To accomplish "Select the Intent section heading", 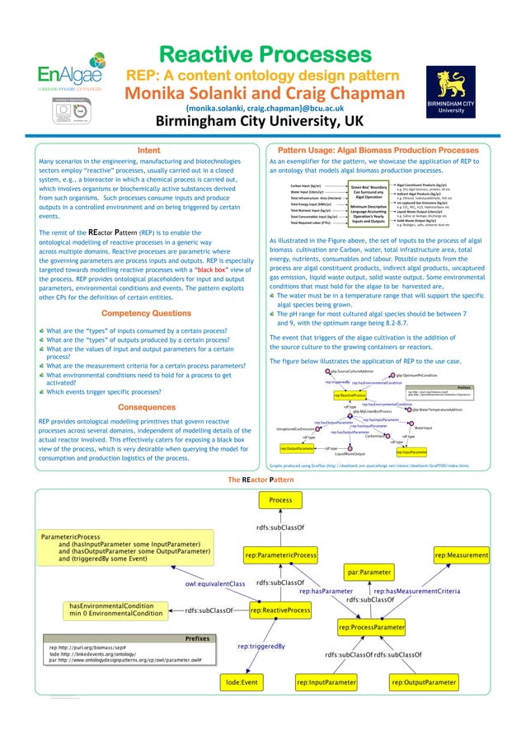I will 148,150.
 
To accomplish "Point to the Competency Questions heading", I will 146,336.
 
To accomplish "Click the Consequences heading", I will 147,407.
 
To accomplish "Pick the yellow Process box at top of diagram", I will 280,500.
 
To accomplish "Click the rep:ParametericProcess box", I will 281,556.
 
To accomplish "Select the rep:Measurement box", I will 462,556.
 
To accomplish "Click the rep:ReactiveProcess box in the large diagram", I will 280,611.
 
